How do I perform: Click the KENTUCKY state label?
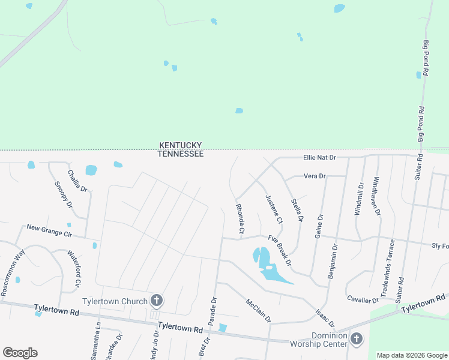(180, 145)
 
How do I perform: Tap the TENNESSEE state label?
(180, 154)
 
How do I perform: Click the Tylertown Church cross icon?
(157, 300)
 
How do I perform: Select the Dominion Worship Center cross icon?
(356, 340)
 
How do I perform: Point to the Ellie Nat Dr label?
(319, 157)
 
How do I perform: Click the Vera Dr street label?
(315, 176)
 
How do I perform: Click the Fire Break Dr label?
(280, 251)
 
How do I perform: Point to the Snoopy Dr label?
(63, 196)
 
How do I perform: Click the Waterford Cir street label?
(74, 268)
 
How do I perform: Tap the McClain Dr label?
(259, 310)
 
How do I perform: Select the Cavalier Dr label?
(363, 299)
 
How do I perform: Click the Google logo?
(20, 353)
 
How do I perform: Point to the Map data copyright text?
(412, 355)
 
